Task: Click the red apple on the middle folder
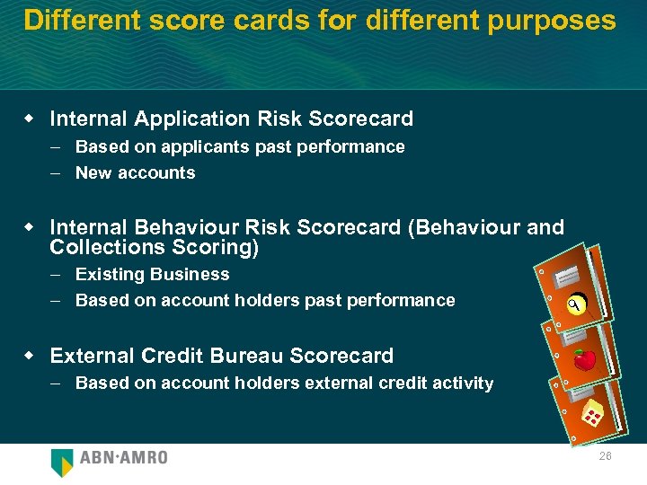click(x=585, y=360)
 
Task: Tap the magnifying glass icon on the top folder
click(x=576, y=307)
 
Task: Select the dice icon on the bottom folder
click(x=592, y=415)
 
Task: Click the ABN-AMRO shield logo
click(x=62, y=462)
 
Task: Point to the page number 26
click(x=605, y=457)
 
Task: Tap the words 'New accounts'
click(x=135, y=172)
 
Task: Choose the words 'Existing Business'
click(x=152, y=274)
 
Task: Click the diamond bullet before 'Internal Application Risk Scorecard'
click(x=30, y=119)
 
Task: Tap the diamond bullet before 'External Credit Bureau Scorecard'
click(x=30, y=356)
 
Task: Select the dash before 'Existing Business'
click(x=56, y=274)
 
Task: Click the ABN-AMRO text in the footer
click(x=123, y=458)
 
